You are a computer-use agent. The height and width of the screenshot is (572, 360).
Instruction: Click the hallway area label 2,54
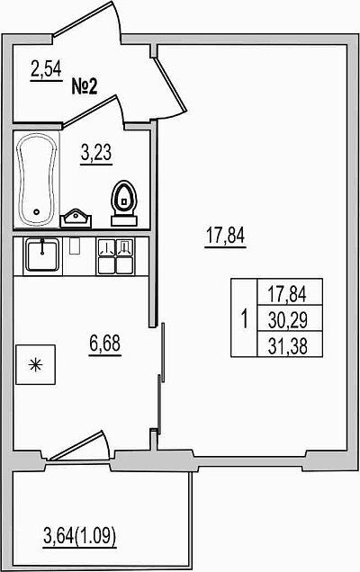click(x=46, y=69)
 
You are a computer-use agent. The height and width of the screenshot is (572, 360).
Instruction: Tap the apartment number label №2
click(x=85, y=87)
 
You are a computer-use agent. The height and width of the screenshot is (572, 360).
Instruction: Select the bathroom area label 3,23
click(x=96, y=153)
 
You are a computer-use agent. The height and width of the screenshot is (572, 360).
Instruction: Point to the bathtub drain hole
click(x=36, y=211)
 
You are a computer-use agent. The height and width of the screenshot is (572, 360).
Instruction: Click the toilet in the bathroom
click(x=124, y=203)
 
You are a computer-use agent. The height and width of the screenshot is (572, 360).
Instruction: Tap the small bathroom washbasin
click(x=76, y=219)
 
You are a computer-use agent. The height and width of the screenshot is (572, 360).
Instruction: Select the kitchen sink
click(x=42, y=255)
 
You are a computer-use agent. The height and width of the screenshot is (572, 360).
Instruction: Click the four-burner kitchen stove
click(x=115, y=255)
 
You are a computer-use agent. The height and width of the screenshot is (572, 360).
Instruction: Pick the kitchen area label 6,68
click(x=104, y=344)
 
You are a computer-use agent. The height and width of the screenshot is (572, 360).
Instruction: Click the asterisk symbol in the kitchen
click(x=36, y=365)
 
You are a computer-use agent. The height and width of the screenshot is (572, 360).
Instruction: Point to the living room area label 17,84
click(x=226, y=236)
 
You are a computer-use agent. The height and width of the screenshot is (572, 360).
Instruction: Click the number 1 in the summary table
click(x=245, y=318)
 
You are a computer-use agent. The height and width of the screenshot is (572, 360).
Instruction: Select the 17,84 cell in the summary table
click(x=287, y=294)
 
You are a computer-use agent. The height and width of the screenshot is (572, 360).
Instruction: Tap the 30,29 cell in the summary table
click(x=288, y=320)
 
